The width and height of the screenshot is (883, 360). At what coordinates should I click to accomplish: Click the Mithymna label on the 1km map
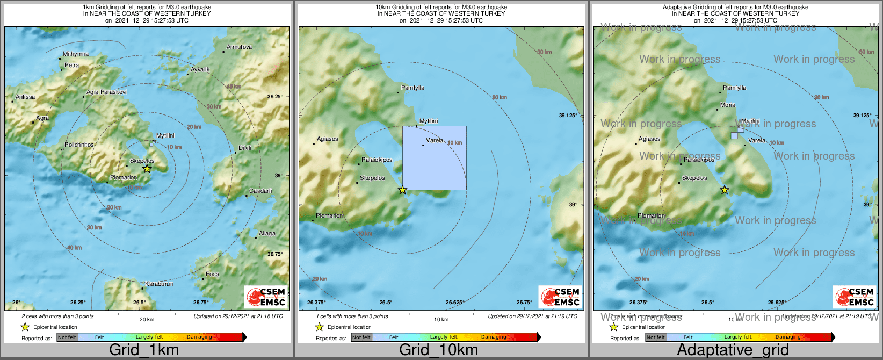coord(76,54)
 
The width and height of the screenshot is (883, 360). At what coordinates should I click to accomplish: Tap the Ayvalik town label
coord(200,70)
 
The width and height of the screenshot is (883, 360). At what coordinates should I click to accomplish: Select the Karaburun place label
coord(160,284)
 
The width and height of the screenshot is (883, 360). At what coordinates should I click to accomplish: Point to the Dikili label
coord(245,148)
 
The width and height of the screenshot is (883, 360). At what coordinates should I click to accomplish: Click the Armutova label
coord(239,47)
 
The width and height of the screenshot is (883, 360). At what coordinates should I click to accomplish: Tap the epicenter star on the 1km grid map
coord(147,169)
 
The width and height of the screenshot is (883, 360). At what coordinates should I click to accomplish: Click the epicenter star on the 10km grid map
coord(402,190)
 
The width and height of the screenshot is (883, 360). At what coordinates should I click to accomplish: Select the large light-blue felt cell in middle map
coord(435,158)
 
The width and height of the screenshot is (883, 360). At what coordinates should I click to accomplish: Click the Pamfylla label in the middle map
coord(412,88)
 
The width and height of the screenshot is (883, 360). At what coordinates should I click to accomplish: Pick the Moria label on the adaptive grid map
coord(728,105)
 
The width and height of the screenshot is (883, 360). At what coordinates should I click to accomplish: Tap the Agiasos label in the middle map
coord(328,139)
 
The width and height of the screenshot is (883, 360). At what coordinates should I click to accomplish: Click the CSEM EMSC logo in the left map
coord(265,297)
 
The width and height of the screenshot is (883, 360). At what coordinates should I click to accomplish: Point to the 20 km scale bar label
coord(147,319)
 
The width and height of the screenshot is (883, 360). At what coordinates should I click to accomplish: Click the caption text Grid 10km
coord(438,350)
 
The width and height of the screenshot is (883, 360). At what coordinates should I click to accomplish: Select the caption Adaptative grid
coord(733,350)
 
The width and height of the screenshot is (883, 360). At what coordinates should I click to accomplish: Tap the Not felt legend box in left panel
coord(67,337)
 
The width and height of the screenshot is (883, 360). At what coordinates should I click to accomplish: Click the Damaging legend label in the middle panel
coord(494,337)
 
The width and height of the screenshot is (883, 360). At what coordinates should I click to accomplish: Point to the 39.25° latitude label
coord(275,97)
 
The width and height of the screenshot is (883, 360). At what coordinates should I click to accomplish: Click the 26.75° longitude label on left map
coord(201,303)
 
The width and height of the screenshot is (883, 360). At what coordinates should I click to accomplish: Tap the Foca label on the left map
coord(212,275)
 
